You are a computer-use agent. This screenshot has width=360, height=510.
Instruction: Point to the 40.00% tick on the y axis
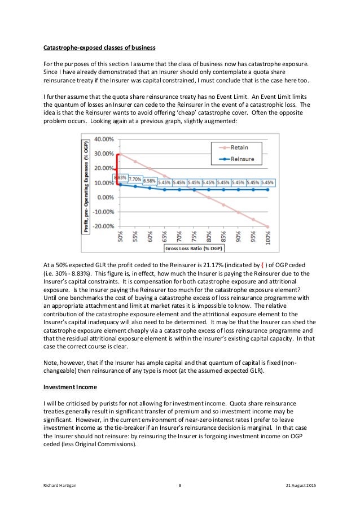point(96,139)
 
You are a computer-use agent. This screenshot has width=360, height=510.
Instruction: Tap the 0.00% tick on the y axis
point(98,198)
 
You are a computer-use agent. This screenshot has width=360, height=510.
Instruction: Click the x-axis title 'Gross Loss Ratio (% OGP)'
point(195,248)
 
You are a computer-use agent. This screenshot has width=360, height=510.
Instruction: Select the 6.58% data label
point(150,181)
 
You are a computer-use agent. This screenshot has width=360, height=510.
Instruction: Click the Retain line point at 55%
point(135,161)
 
